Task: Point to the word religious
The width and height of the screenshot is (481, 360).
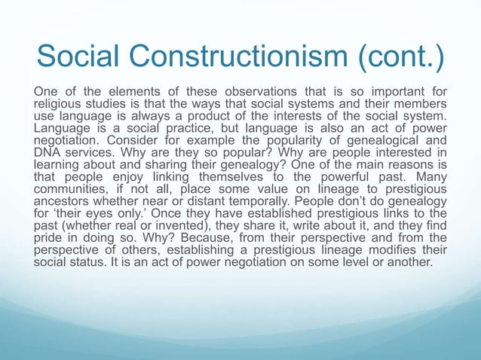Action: pyautogui.click(x=59, y=103)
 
